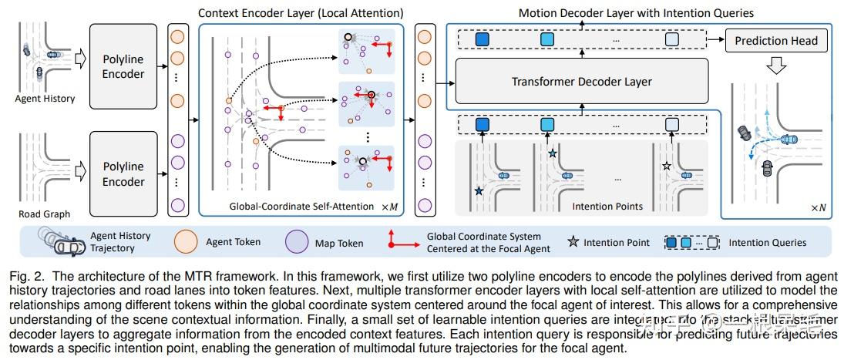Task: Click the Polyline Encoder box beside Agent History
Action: pyautogui.click(x=123, y=66)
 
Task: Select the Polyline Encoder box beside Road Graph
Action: pyautogui.click(x=123, y=173)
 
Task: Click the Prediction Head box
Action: pyautogui.click(x=775, y=40)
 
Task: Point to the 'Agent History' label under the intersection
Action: pyautogui.click(x=45, y=99)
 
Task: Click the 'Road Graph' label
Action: pyautogui.click(x=45, y=214)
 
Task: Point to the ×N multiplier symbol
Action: pyautogui.click(x=819, y=208)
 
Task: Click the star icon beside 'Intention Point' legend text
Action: pyautogui.click(x=572, y=242)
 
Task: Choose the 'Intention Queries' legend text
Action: pyautogui.click(x=768, y=242)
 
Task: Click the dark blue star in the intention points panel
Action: pyautogui.click(x=479, y=190)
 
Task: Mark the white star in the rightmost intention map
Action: pyautogui.click(x=667, y=165)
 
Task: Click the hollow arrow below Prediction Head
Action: pyautogui.click(x=776, y=67)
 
